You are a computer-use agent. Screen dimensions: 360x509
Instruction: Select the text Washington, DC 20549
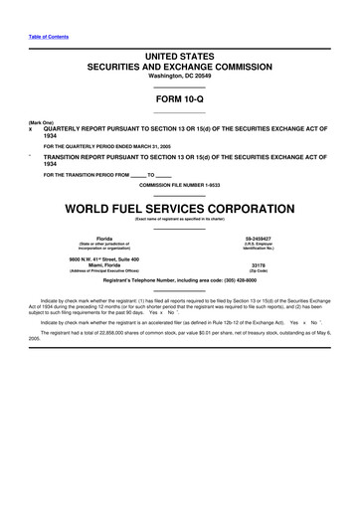(x=179, y=84)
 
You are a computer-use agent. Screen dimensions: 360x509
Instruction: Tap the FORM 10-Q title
(x=179, y=104)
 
